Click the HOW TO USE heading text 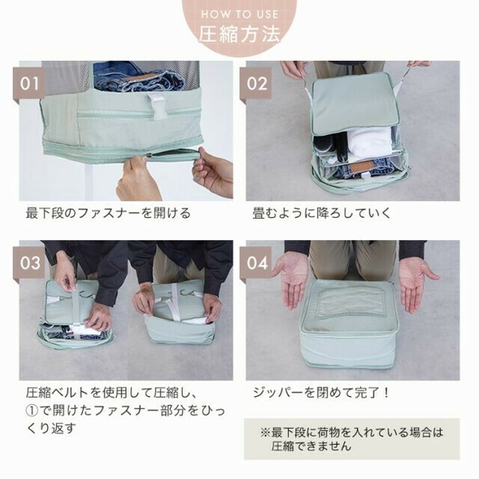click(239, 14)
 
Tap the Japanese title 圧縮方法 click(239, 34)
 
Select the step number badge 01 click(29, 83)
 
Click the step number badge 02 click(255, 83)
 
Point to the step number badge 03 click(29, 263)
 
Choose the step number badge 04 click(255, 263)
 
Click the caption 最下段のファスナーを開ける click(108, 213)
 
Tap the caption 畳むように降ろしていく click(322, 213)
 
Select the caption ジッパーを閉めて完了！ click(322, 393)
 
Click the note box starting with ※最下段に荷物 click(351, 438)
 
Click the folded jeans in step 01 click(139, 78)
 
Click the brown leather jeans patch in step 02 click(361, 168)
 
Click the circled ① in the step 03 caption click(32, 411)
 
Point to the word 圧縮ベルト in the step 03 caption click(57, 393)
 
